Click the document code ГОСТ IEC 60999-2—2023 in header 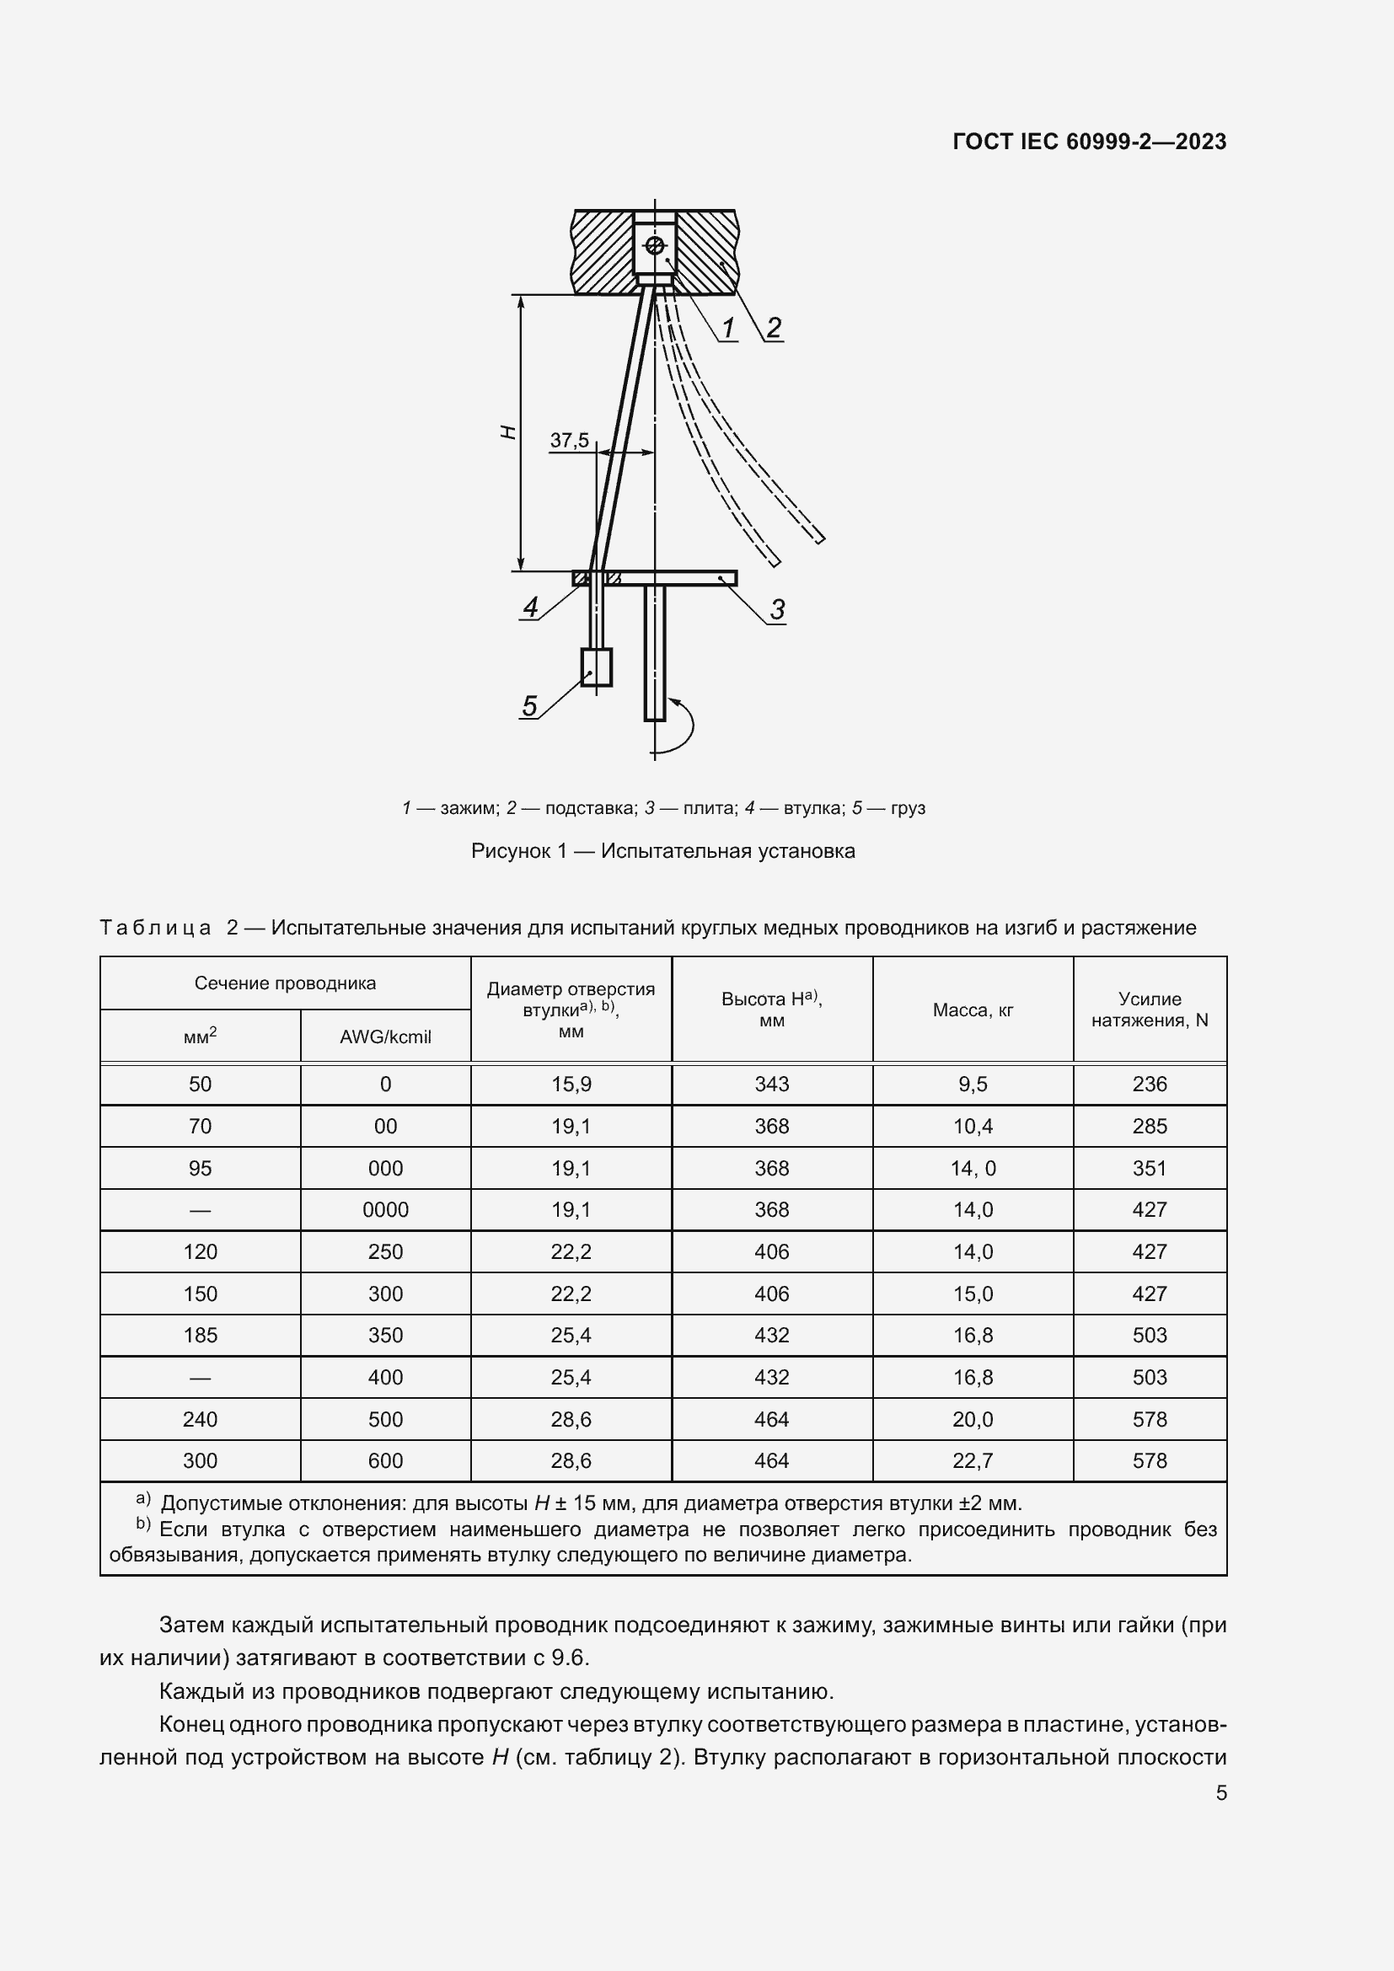(1088, 142)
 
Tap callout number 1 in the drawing (728, 328)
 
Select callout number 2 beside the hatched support (774, 327)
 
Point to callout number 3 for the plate (777, 609)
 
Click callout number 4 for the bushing (530, 607)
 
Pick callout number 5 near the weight (529, 705)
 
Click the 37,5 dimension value (569, 441)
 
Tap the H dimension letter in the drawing (508, 432)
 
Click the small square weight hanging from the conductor (597, 667)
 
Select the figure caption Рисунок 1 (662, 851)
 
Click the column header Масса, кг (973, 1010)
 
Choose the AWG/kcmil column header (385, 1036)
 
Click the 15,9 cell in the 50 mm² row (571, 1085)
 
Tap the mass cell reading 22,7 (973, 1460)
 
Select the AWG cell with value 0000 (385, 1209)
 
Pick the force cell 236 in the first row (1150, 1085)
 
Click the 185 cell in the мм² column (200, 1335)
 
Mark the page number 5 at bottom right (1220, 1792)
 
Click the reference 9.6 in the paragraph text (569, 1657)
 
